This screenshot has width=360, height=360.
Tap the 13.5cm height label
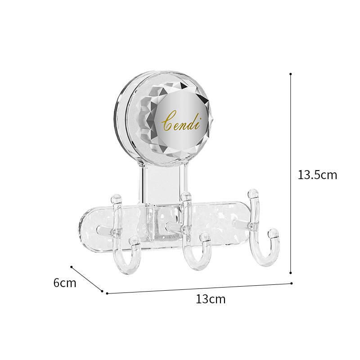317,175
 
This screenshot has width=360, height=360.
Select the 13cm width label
211,299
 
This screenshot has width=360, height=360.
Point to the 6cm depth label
65,283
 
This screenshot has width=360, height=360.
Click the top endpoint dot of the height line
291,74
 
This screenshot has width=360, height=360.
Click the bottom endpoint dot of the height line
291,273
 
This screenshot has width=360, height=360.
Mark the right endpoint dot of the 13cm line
291,283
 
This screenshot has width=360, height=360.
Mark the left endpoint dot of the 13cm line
107,293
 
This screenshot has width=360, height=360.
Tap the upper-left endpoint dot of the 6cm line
72,267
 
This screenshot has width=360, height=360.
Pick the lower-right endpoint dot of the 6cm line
102,291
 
